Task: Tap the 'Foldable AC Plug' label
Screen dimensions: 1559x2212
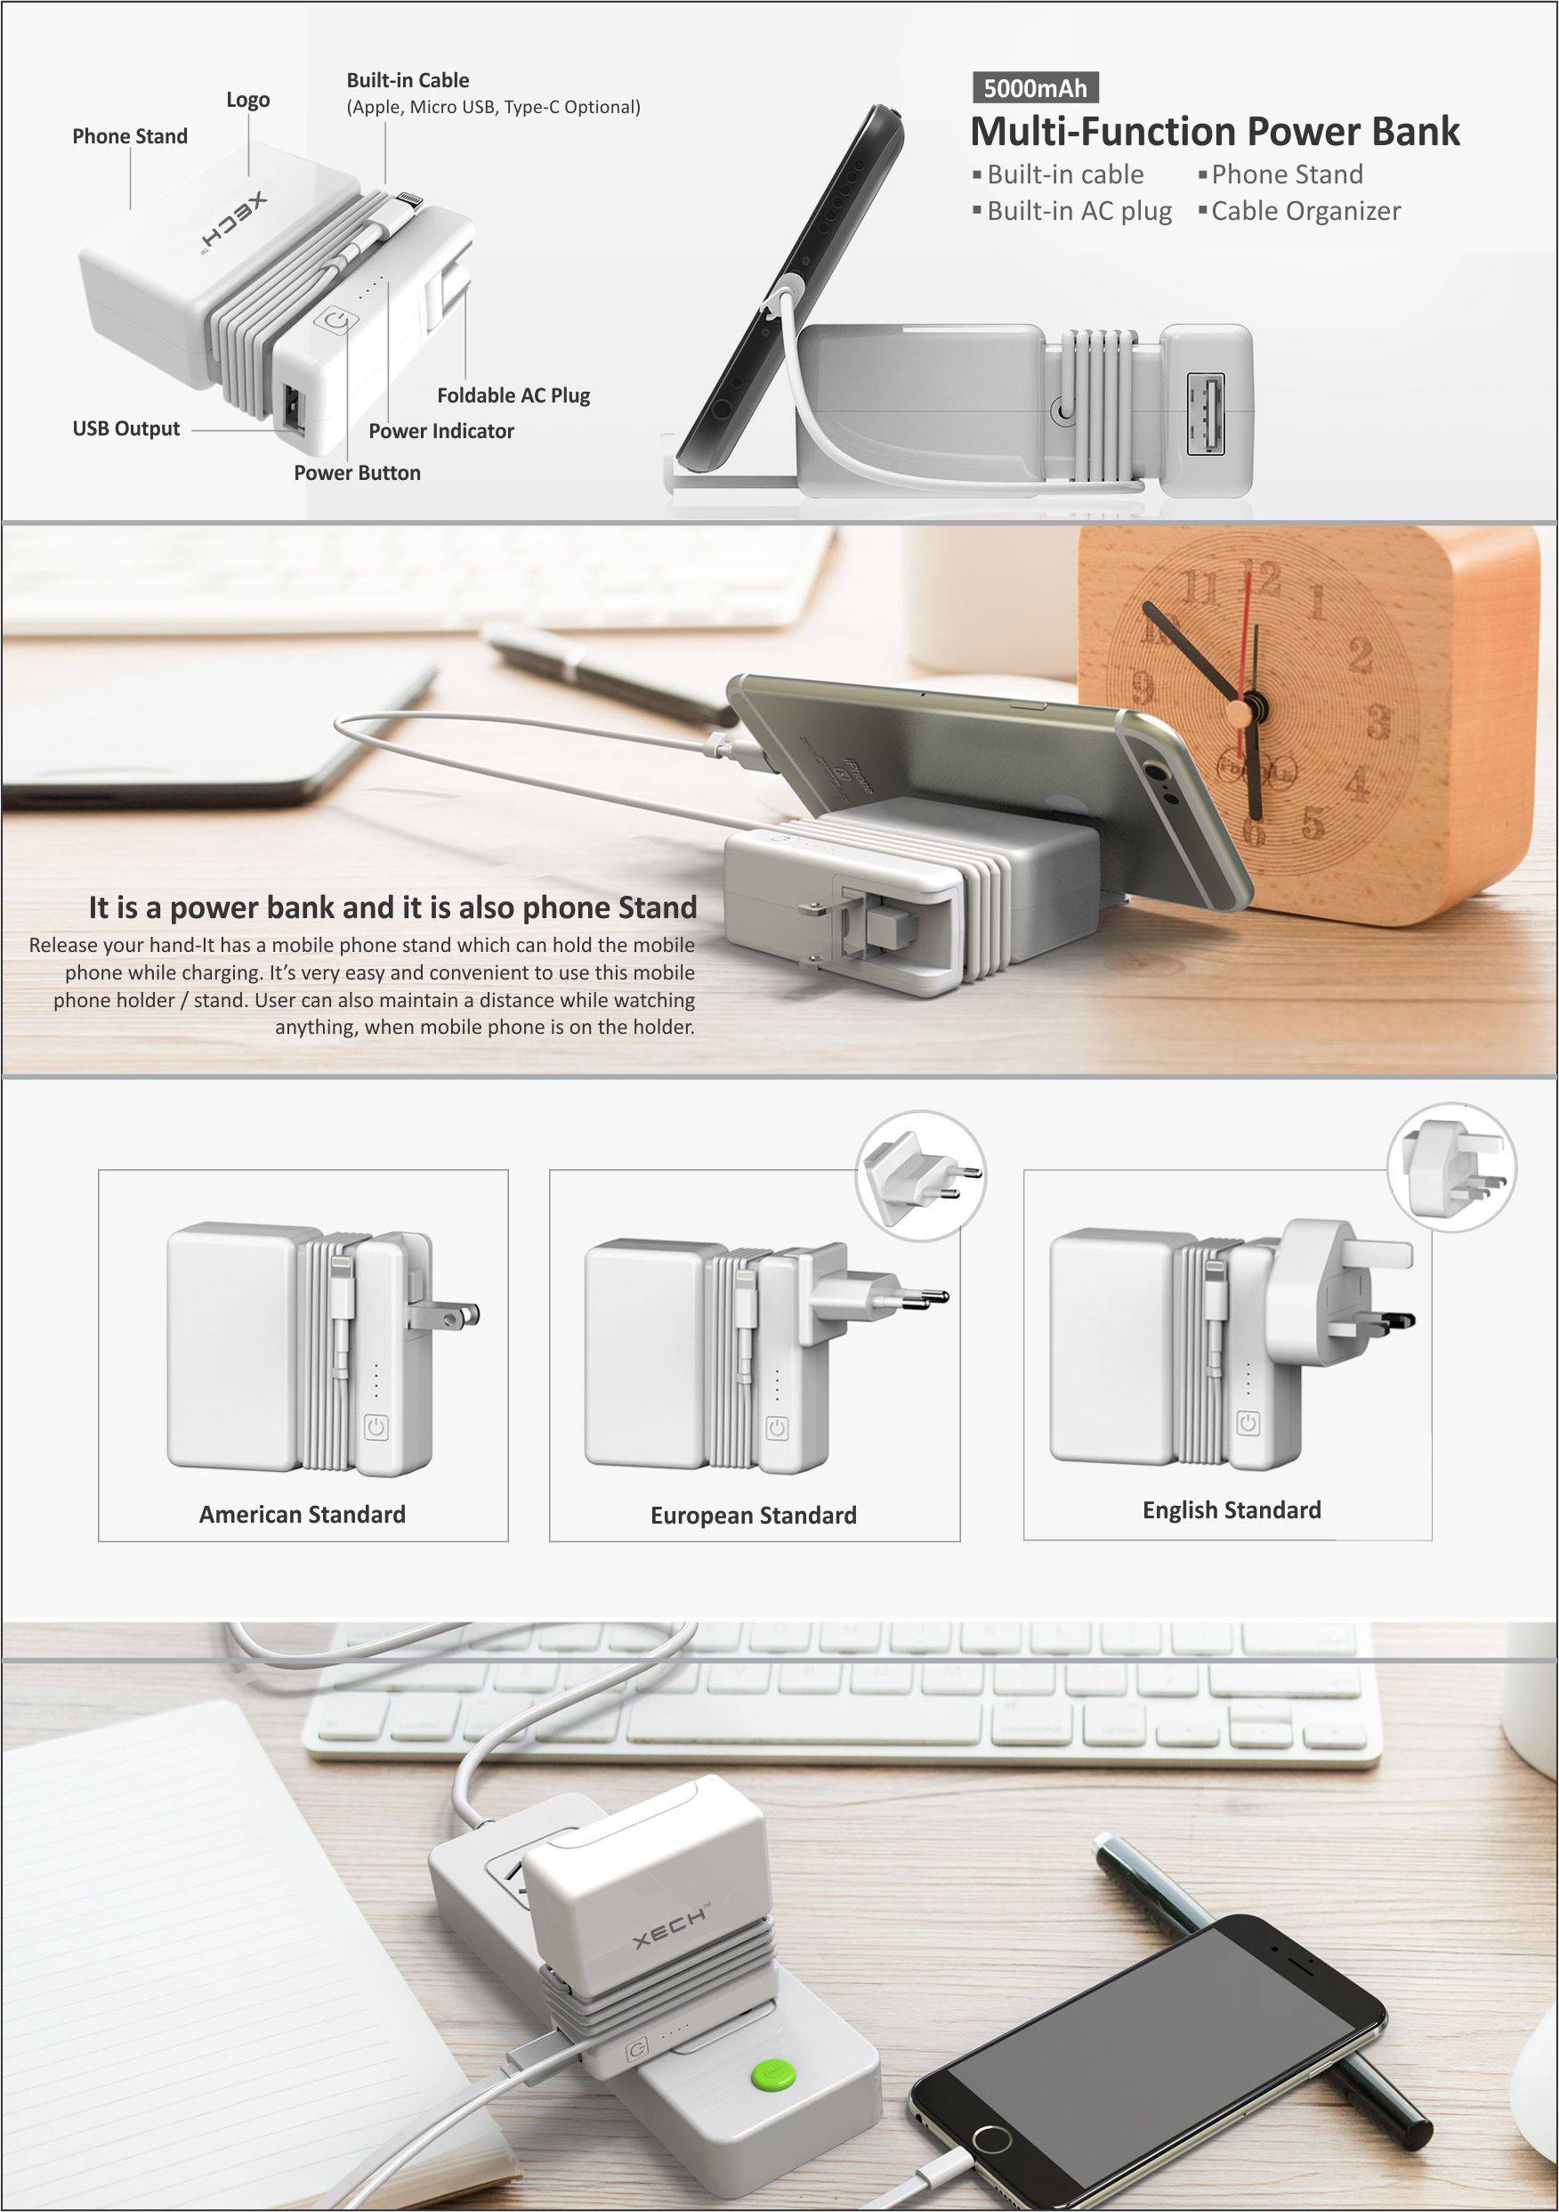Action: pyautogui.click(x=513, y=395)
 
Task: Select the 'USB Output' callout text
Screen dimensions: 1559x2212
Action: pyautogui.click(x=126, y=428)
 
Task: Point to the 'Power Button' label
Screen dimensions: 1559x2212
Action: pyautogui.click(x=357, y=473)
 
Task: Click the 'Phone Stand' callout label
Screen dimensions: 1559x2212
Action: pyautogui.click(x=130, y=136)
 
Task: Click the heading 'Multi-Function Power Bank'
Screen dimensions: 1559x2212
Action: pyautogui.click(x=1215, y=131)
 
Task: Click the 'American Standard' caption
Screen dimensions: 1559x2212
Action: pyautogui.click(x=303, y=1515)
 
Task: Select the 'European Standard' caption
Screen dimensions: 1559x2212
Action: pyautogui.click(x=753, y=1516)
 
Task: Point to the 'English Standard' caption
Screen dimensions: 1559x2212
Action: pyautogui.click(x=1232, y=1509)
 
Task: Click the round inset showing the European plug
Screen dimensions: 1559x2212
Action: pyautogui.click(x=922, y=1175)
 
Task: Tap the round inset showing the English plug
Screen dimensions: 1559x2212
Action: pyautogui.click(x=1452, y=1167)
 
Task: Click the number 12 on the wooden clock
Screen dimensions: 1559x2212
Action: pyautogui.click(x=1262, y=577)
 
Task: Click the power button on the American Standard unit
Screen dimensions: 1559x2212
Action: pyautogui.click(x=376, y=1427)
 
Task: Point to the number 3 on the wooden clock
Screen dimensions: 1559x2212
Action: pyautogui.click(x=1379, y=720)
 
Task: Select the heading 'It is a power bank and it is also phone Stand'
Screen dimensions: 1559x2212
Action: pyautogui.click(x=392, y=907)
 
